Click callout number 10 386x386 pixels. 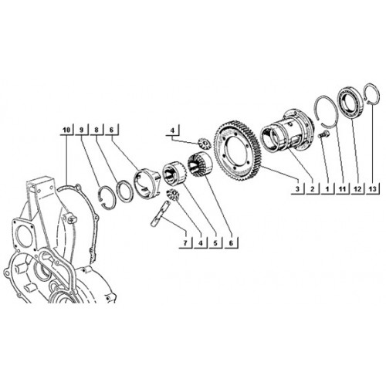tap(66, 130)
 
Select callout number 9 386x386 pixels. tap(82, 130)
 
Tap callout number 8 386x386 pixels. tap(96, 130)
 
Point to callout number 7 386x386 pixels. tap(185, 243)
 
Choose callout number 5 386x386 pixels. tap(215, 243)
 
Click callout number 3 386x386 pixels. tap(297, 189)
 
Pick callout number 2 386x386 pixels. tap(313, 189)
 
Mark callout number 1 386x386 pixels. tap(327, 189)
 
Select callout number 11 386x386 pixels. tap(342, 189)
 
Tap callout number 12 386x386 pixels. tap(357, 189)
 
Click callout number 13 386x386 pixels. tap(372, 189)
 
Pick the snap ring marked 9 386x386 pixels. tap(100, 196)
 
